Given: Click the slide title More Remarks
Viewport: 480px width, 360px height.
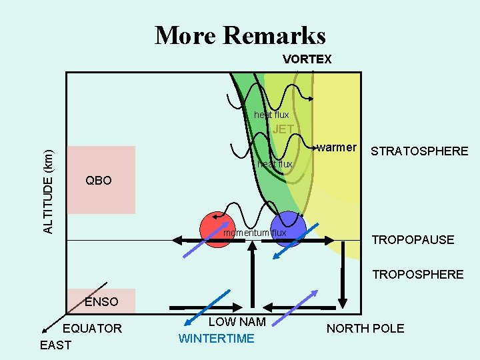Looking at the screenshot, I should coord(240,35).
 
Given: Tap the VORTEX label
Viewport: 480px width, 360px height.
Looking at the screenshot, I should coord(307,59).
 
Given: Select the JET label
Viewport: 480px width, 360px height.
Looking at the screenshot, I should coord(283,129).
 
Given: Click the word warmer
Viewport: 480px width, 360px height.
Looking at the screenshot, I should coord(337,147).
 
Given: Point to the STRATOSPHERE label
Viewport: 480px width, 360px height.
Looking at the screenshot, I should coord(419,151).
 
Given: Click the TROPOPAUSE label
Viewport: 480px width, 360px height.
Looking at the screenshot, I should coord(413,239).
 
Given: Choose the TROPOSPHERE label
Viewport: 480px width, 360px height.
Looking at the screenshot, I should coord(417,274).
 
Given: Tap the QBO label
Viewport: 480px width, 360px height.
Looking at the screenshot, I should coord(99,181).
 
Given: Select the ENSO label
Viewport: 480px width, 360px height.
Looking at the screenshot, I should coord(101,302).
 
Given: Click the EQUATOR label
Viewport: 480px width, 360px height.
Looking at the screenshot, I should coord(92,328).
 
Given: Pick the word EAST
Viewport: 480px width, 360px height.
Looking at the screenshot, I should coord(55,345).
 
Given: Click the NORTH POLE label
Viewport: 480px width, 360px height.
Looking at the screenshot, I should coord(365,328).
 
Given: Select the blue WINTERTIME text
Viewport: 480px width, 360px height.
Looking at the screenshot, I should coord(216,339).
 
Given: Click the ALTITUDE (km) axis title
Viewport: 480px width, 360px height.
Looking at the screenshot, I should coord(48,191).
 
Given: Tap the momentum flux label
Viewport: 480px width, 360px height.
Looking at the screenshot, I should coord(254,233).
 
